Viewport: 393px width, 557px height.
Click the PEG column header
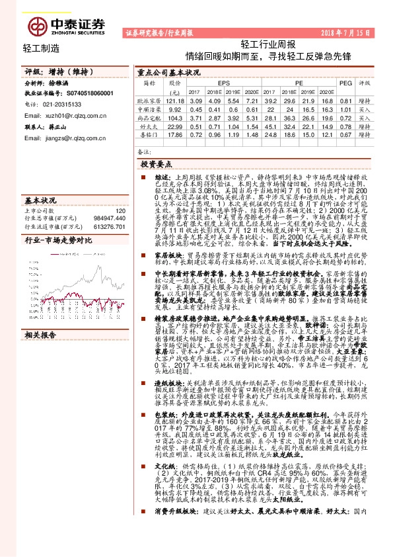point(345,83)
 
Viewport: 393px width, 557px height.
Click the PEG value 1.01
point(345,108)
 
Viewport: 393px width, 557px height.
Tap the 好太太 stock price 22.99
point(175,125)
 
